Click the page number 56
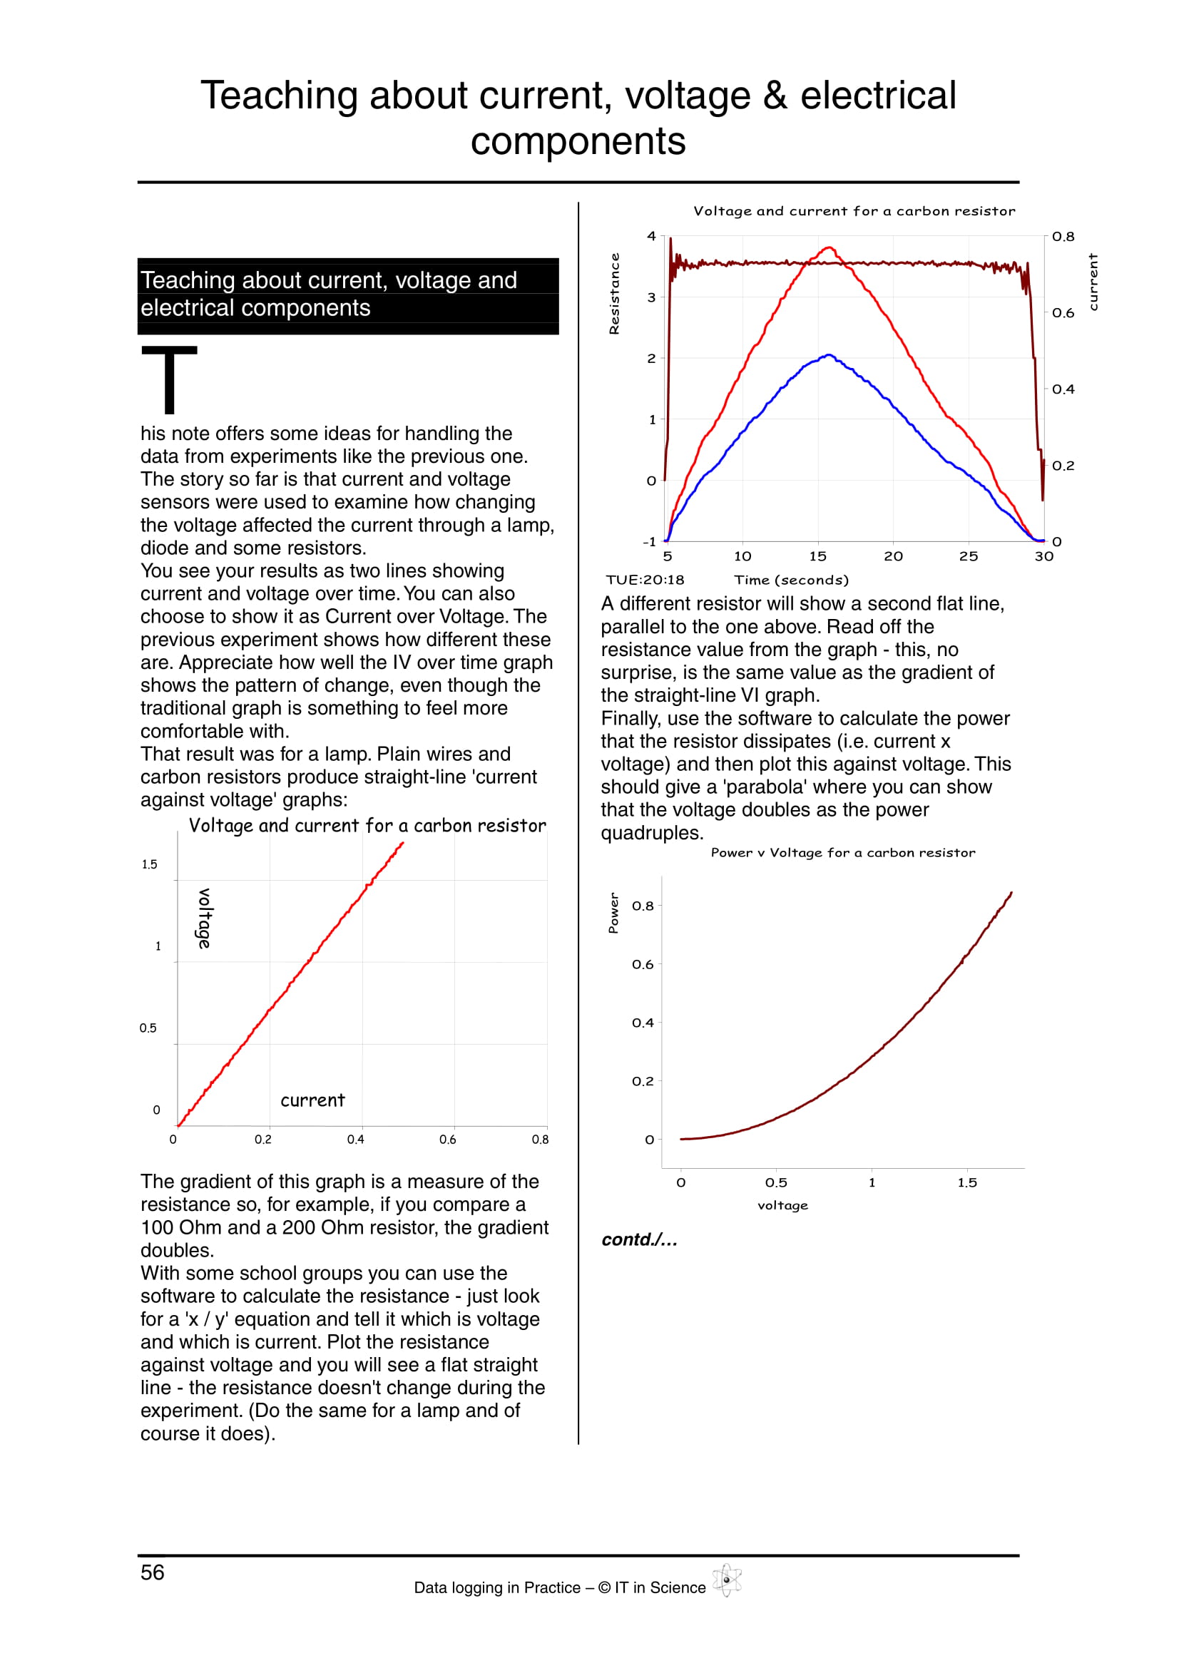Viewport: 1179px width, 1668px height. click(153, 1572)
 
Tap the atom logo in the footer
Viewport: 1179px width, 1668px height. click(726, 1580)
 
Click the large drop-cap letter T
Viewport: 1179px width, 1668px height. click(169, 380)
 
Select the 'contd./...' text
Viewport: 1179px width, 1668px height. click(639, 1239)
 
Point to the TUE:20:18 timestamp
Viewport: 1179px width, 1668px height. click(645, 580)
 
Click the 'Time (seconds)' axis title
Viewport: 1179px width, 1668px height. click(791, 580)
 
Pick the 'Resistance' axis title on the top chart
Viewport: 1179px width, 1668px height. click(615, 294)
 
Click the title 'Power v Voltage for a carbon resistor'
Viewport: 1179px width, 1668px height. click(842, 853)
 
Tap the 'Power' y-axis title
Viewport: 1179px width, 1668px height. click(614, 913)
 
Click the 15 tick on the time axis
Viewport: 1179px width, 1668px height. click(818, 556)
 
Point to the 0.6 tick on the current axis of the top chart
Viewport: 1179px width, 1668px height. click(1063, 313)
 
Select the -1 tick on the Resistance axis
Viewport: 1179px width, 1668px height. click(650, 542)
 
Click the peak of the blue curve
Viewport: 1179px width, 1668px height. click(829, 355)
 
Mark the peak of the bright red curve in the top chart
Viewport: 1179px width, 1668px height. click(829, 247)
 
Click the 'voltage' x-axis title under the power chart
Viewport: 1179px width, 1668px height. click(782, 1205)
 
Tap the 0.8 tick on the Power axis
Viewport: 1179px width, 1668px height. click(643, 906)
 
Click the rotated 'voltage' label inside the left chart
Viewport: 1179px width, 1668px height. click(205, 919)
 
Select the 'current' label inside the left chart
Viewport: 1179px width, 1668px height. click(312, 1100)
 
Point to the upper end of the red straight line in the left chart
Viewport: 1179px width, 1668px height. click(402, 844)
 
